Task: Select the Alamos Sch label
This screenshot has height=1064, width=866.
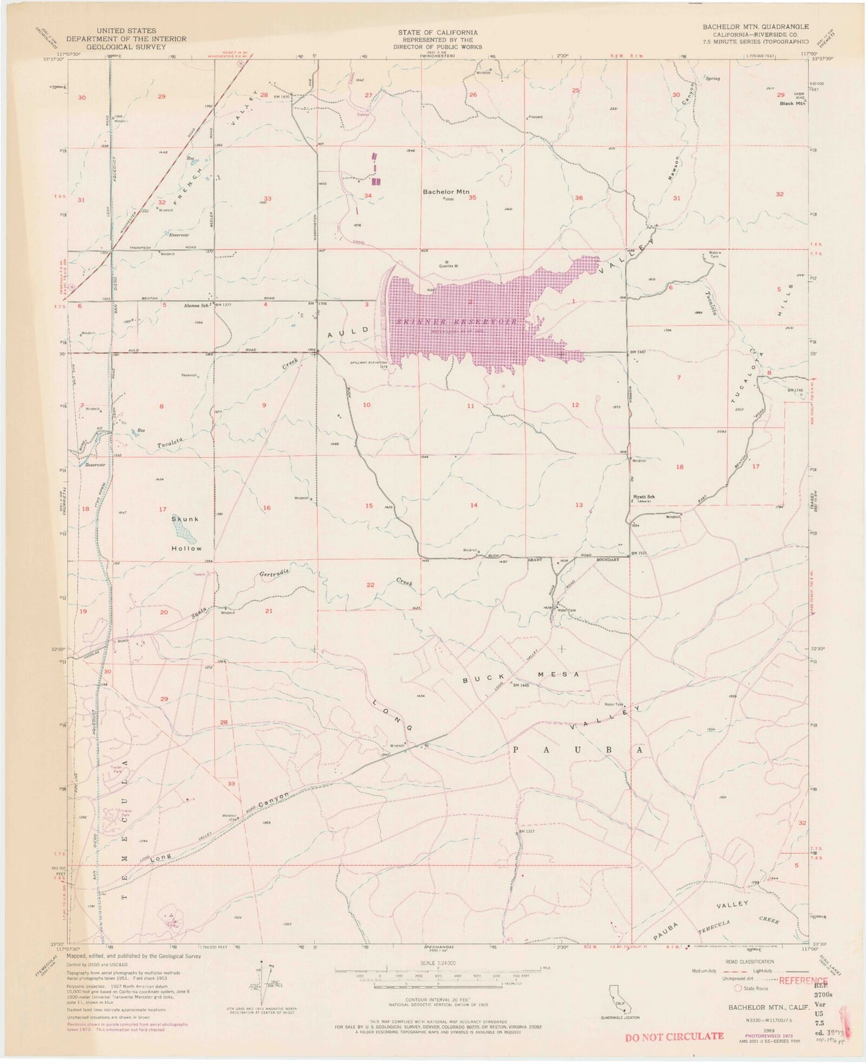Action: pos(196,305)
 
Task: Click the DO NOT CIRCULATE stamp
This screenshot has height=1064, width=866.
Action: pos(674,1035)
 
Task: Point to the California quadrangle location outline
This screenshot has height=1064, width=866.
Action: pos(620,997)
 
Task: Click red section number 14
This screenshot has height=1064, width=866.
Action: pos(474,505)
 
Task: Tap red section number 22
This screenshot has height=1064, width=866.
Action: pos(370,585)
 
